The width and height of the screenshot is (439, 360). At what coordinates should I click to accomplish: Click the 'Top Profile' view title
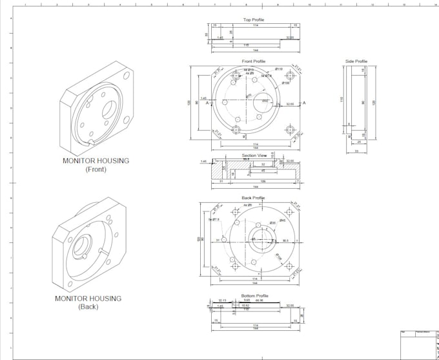pos(253,19)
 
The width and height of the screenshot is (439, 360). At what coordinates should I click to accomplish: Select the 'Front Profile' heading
pos(253,61)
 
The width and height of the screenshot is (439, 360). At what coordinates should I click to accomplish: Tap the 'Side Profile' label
pos(356,61)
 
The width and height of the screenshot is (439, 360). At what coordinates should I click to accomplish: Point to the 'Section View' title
pos(254,156)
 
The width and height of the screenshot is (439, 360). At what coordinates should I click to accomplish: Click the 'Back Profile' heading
pos(253,198)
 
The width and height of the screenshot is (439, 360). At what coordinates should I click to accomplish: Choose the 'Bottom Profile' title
pos(253,295)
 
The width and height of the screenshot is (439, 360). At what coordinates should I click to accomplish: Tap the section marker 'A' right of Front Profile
pos(304,103)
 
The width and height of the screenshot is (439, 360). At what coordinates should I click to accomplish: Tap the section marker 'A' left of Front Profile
pos(206,103)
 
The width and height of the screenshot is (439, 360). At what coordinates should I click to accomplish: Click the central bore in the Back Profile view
pos(263,240)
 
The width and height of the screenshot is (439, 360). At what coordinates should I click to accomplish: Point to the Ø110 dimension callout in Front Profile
pos(279,69)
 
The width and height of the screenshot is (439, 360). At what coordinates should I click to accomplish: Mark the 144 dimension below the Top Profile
pos(255,50)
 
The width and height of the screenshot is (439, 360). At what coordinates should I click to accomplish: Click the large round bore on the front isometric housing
pos(110,110)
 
